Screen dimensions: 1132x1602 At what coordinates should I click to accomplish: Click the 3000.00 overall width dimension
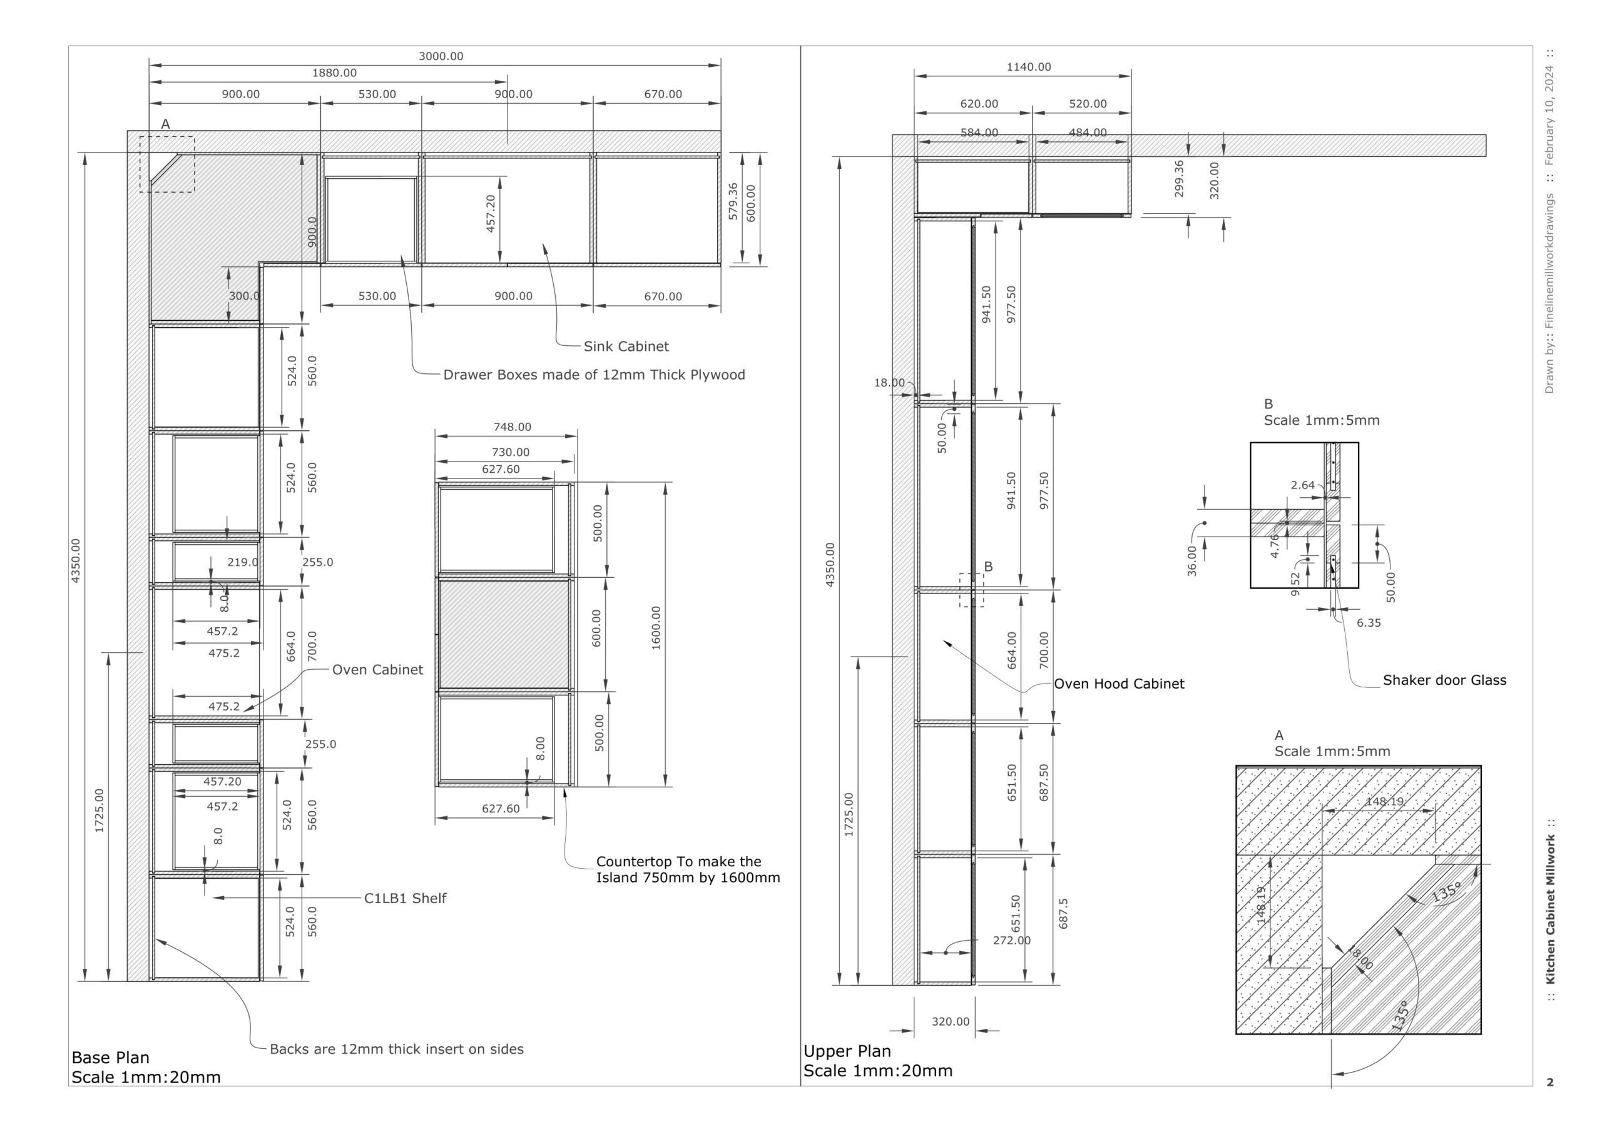tap(441, 56)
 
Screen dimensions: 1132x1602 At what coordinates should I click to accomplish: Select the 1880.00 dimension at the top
tap(334, 73)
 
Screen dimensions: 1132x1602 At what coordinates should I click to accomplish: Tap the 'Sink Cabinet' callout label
tap(626, 346)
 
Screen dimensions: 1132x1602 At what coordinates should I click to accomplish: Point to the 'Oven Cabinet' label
tap(377, 670)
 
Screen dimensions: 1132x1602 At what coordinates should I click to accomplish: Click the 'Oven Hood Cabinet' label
tap(1118, 684)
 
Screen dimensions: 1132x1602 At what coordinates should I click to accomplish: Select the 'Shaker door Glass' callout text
tap(1444, 680)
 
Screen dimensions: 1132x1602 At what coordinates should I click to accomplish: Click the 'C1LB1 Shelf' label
tap(405, 898)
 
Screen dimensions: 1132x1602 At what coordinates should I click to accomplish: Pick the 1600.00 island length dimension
tap(656, 628)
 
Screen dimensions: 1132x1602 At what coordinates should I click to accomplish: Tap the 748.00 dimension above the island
tap(512, 427)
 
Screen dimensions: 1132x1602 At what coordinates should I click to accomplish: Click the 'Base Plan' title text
tap(110, 1057)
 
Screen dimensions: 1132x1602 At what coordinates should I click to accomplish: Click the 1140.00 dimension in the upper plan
tap(1028, 67)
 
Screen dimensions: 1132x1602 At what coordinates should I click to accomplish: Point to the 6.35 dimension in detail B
tap(1368, 623)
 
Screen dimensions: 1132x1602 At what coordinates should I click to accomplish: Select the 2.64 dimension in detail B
tap(1302, 485)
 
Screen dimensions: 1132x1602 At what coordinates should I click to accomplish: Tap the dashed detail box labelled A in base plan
tap(166, 164)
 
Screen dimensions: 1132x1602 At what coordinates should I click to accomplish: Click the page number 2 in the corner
tap(1549, 1083)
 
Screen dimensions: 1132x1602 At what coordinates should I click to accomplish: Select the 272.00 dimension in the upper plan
tap(1011, 940)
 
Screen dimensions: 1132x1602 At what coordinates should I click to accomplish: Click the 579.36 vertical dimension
tap(733, 201)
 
